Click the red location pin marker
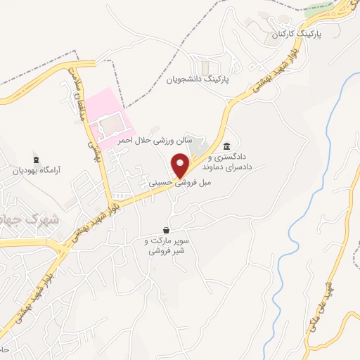[x=182, y=167]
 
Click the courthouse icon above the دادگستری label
[x=226, y=146]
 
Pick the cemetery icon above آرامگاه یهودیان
[x=36, y=157]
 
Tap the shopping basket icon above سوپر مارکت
[x=165, y=230]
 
